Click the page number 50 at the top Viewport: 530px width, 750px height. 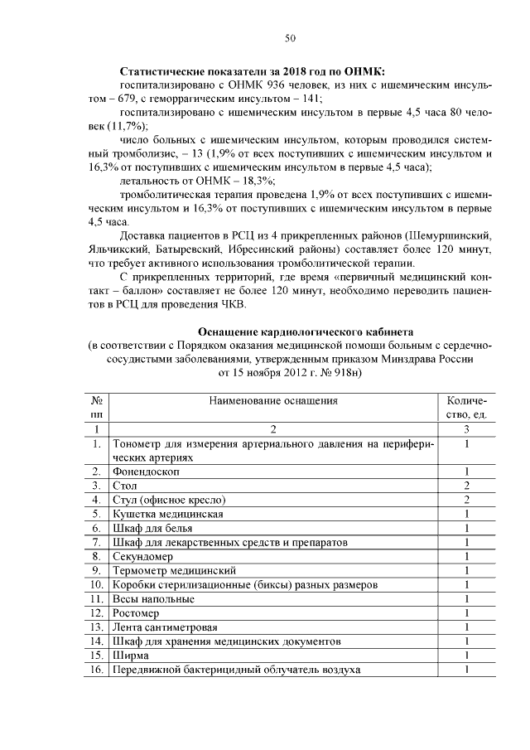[290, 37]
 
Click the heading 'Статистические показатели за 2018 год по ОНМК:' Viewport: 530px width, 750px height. [253, 72]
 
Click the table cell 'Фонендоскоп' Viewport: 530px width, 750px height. [146, 471]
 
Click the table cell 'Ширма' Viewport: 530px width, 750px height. [131, 656]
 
